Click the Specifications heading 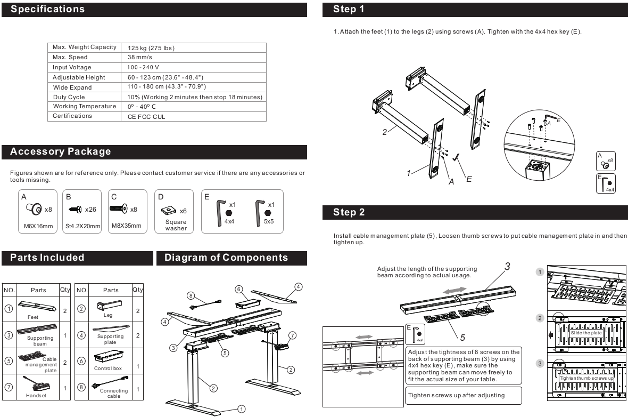click(48, 9)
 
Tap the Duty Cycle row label click(69, 97)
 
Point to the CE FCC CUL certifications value click(146, 117)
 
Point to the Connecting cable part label click(110, 393)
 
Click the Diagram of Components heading click(226, 258)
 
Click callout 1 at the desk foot click(241, 409)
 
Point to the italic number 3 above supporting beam click(507, 266)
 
